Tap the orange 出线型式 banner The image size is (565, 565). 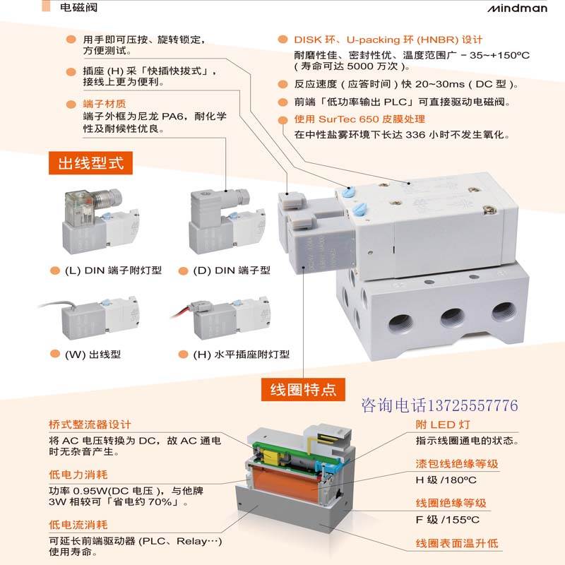pos(90,164)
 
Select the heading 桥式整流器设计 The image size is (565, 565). pos(90,424)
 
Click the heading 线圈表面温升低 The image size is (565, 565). pos(456,543)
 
